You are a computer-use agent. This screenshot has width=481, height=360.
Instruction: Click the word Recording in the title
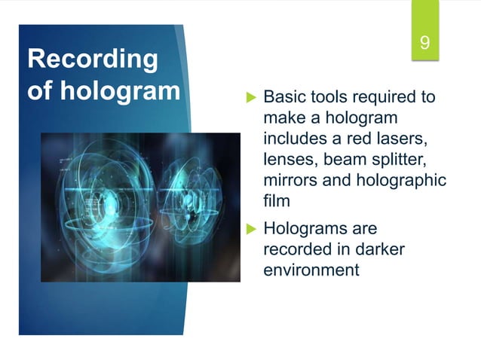pyautogui.click(x=92, y=59)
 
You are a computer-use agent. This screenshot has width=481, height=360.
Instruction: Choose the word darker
pyautogui.click(x=375, y=249)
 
